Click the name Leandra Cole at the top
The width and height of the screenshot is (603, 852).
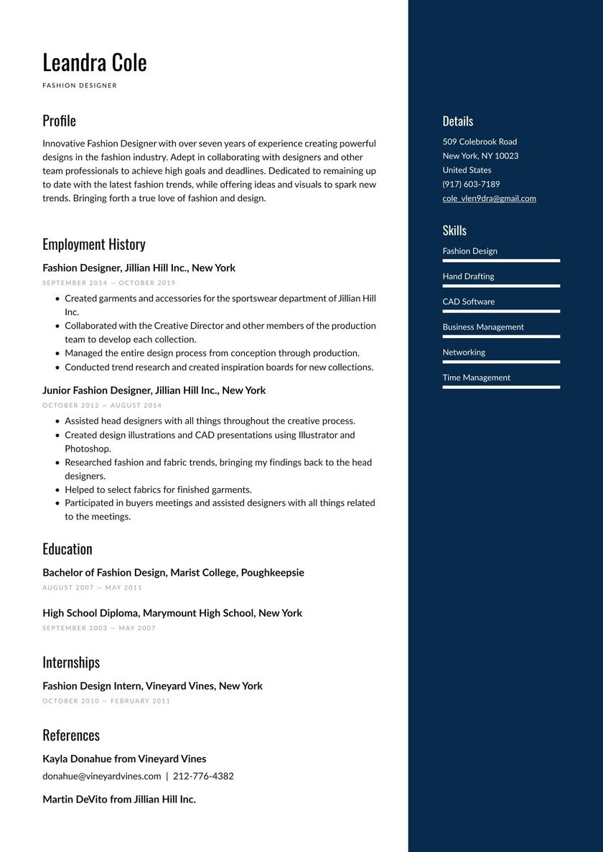tap(94, 62)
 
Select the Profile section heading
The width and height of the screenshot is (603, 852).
tap(59, 121)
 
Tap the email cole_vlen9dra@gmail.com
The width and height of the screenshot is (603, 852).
tap(489, 198)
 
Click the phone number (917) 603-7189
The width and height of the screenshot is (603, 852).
tap(471, 184)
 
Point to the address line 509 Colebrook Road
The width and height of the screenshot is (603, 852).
tap(480, 141)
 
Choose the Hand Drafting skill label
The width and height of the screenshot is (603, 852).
tap(468, 276)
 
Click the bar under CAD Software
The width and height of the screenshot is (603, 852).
tap(501, 311)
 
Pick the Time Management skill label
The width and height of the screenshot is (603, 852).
tap(476, 378)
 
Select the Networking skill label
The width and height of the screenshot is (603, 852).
tap(464, 352)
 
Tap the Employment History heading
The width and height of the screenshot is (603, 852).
tap(93, 244)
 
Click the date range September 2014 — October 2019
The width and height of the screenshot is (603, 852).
tap(108, 283)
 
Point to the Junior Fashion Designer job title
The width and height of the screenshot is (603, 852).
tap(154, 390)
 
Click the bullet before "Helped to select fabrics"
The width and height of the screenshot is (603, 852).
tap(57, 490)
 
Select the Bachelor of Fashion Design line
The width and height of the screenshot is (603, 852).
tap(173, 573)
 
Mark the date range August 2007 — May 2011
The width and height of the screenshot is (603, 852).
tap(92, 588)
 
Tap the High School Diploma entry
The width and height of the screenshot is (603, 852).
tap(172, 613)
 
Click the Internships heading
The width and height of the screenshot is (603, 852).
tap(70, 662)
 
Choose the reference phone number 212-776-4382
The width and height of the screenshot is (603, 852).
tap(203, 776)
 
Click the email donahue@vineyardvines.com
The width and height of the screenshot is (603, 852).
tap(101, 776)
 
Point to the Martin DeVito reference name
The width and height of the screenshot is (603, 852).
tap(118, 799)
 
